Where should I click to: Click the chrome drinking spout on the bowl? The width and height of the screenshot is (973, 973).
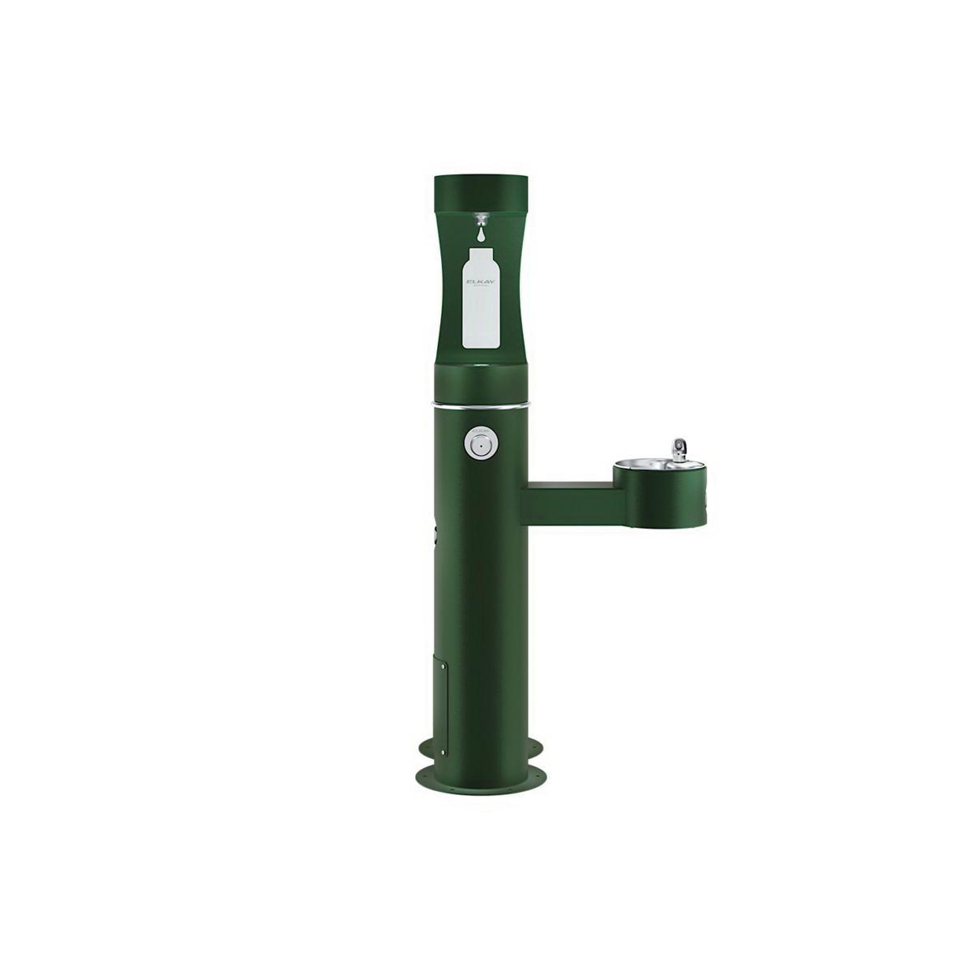[x=678, y=448]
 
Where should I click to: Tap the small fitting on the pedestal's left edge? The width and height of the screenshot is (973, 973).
[x=436, y=535]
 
